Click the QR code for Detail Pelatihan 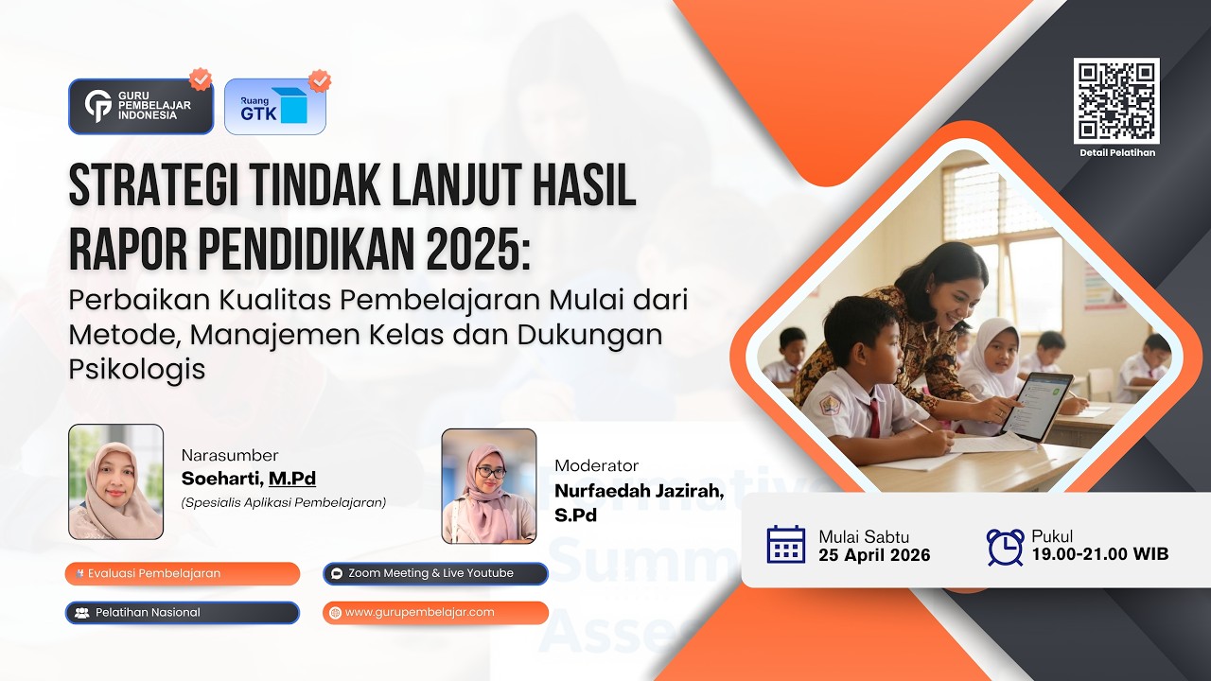(1116, 100)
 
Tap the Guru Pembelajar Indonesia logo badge (141, 106)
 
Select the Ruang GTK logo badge (274, 106)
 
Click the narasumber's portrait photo (115, 481)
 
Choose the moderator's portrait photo (489, 486)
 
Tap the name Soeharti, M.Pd (249, 479)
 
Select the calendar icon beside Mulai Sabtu (786, 545)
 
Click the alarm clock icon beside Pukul (1005, 546)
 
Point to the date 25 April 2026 (874, 555)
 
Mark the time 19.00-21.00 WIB (1099, 554)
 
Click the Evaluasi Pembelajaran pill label (182, 573)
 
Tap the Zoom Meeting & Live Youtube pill (434, 573)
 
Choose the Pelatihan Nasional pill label (182, 612)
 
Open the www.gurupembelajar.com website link (434, 612)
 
